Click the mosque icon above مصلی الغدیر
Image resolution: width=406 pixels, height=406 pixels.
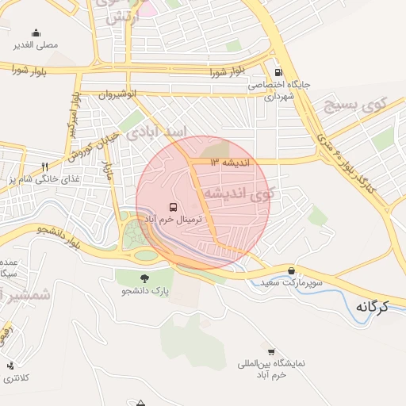click(36, 33)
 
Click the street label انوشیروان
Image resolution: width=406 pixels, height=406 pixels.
click(117, 93)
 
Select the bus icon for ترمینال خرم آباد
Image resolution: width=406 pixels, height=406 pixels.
click(173, 206)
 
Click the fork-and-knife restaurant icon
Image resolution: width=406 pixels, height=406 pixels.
click(44, 167)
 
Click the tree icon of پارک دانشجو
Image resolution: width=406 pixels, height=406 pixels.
click(144, 278)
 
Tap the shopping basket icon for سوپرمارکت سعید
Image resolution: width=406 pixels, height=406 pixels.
click(292, 270)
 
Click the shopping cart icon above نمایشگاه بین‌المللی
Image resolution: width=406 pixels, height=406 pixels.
click(271, 351)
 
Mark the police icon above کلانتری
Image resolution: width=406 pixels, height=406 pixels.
click(10, 366)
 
